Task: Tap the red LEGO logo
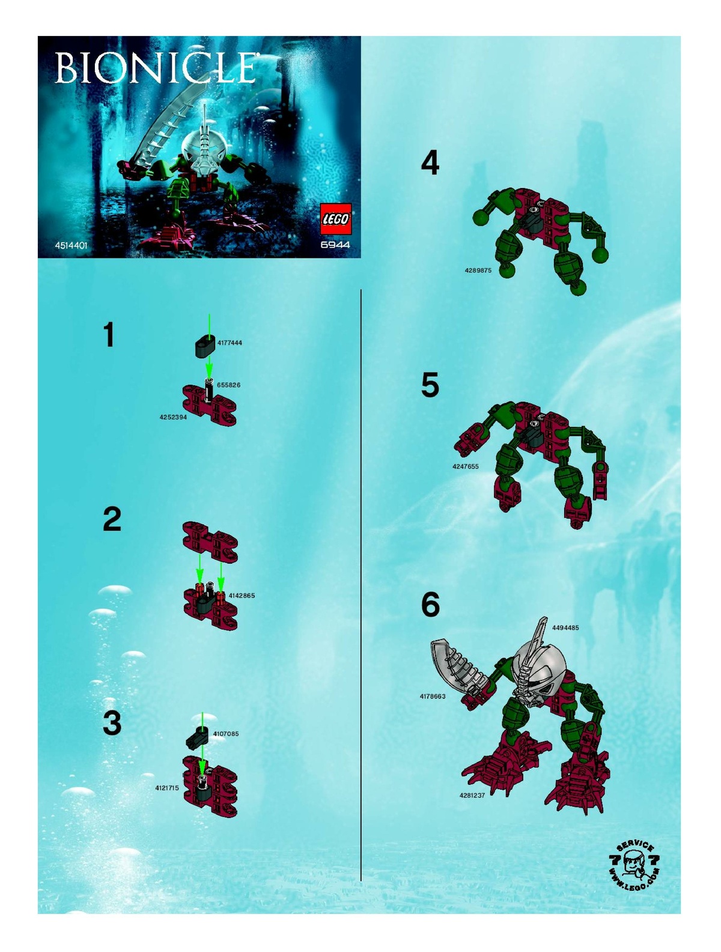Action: [335, 219]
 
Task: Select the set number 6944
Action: [335, 245]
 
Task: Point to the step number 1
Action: [109, 335]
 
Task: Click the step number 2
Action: [112, 519]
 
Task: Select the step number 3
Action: [112, 723]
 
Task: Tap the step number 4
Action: [430, 163]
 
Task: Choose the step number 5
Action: [430, 385]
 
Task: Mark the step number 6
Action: [430, 605]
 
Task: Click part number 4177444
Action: [230, 343]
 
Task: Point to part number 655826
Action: [228, 385]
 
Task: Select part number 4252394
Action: [173, 417]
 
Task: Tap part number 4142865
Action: [242, 596]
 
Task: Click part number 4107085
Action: [226, 734]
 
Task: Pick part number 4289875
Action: [478, 270]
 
